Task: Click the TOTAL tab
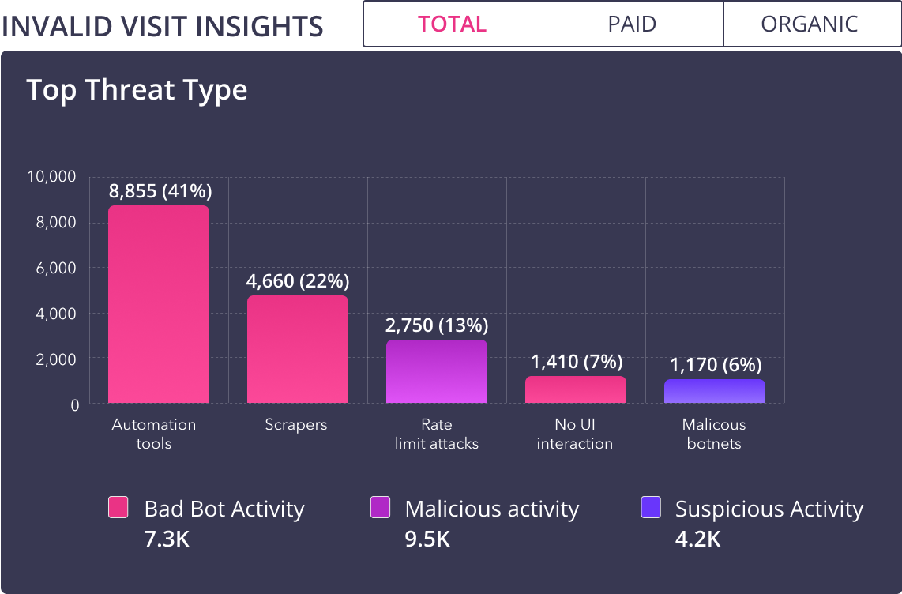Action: (x=453, y=24)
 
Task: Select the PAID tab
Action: (x=632, y=24)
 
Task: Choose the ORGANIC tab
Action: (x=810, y=24)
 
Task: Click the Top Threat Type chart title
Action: (x=137, y=90)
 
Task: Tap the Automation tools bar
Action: (x=159, y=304)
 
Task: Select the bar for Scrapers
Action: (x=298, y=349)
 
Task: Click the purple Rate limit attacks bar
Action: (x=437, y=371)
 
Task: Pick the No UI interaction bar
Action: (x=576, y=389)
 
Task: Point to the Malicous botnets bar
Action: (x=715, y=392)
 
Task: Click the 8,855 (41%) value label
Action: (x=160, y=190)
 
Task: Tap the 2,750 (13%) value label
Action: (x=437, y=325)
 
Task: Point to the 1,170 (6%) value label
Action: (x=716, y=365)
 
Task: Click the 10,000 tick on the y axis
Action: (x=52, y=177)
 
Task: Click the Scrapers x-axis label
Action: (x=296, y=425)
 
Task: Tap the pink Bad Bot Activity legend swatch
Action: (x=118, y=508)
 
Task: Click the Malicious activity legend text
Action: (x=491, y=509)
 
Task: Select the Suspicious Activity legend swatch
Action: (x=651, y=508)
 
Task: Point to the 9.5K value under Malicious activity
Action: (x=427, y=539)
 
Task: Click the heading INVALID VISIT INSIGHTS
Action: (x=163, y=26)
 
